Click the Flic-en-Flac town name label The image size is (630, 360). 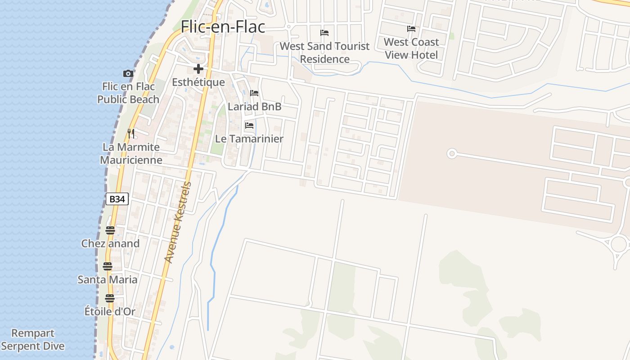(223, 27)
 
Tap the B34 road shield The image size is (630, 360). (117, 199)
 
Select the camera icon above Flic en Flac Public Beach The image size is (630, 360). (128, 73)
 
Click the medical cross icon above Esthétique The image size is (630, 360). (198, 69)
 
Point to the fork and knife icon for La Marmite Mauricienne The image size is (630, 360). (130, 134)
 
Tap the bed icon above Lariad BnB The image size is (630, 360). (254, 93)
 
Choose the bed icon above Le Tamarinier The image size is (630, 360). (249, 126)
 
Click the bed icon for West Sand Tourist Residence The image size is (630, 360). (324, 33)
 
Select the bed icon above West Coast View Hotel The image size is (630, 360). (411, 29)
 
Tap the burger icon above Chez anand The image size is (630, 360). (110, 230)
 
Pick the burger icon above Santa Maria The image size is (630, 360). (107, 266)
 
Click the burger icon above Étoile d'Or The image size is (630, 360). (110, 298)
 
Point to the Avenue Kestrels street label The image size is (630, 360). (178, 222)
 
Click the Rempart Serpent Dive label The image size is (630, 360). (33, 340)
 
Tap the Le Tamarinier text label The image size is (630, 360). (249, 139)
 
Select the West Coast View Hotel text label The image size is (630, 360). (411, 49)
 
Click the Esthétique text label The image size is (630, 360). (198, 82)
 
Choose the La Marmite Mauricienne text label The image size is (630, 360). (131, 153)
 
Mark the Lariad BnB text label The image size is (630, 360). (255, 107)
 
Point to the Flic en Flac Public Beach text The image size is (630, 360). (128, 93)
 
